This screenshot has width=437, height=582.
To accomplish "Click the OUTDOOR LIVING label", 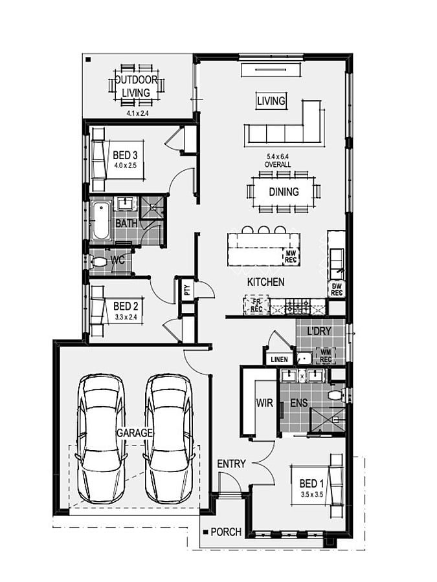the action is click(137, 86).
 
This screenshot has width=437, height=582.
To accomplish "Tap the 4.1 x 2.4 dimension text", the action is click(137, 114).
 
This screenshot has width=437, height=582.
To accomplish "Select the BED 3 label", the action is click(125, 155).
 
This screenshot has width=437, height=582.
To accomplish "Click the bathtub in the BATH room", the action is click(101, 221).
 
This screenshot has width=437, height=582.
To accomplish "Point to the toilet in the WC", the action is click(99, 262).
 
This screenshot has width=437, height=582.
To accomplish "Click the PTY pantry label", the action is click(187, 290).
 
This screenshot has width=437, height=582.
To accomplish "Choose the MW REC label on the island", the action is click(290, 257).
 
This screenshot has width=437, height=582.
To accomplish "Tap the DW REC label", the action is click(337, 290).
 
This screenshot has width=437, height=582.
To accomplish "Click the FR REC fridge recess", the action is click(256, 305).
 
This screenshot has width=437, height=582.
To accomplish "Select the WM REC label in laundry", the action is click(326, 356).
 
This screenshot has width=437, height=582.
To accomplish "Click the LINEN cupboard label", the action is click(279, 360).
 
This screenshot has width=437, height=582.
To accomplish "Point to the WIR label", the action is click(264, 403).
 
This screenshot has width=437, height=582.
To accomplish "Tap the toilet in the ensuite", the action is click(336, 394).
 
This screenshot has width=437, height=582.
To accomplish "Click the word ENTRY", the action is click(231, 464).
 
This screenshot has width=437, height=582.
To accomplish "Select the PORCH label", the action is click(226, 532).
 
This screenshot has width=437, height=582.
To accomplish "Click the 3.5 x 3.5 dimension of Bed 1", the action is click(312, 495).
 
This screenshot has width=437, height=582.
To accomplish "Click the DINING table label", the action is click(284, 192).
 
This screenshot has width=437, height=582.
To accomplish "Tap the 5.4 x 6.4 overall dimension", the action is click(278, 160).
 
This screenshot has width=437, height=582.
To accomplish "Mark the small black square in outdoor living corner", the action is click(89, 59).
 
